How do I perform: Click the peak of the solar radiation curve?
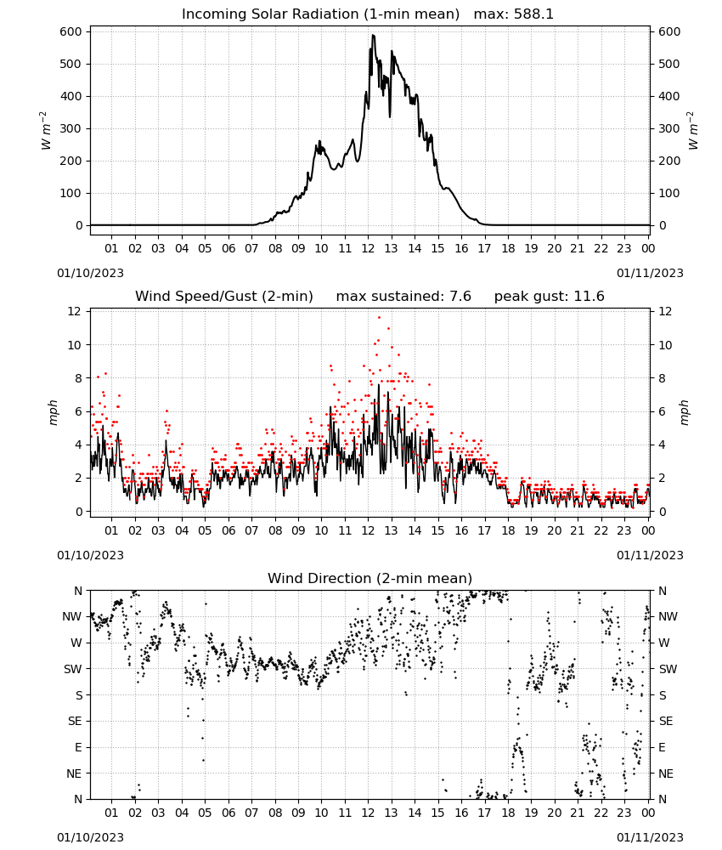tap(373, 35)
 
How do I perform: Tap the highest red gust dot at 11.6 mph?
tap(379, 318)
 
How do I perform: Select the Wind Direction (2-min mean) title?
tap(370, 578)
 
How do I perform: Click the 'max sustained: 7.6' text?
tap(403, 297)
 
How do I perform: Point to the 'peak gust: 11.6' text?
tap(550, 297)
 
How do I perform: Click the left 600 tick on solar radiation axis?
tap(71, 32)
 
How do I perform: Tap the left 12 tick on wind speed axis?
tap(74, 312)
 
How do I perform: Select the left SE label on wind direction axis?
tap(75, 721)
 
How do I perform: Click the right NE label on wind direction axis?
tap(666, 773)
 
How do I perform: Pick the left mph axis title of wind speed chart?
tap(53, 412)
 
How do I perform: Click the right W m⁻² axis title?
tap(693, 131)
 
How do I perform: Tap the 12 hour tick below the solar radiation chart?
tap(368, 248)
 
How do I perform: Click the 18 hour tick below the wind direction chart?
tap(508, 813)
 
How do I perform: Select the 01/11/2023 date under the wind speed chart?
tap(650, 555)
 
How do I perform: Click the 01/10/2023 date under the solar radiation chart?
tap(90, 273)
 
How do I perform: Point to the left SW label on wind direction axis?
tap(73, 669)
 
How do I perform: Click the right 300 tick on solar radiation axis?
tap(669, 129)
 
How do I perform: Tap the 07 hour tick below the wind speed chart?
tap(251, 530)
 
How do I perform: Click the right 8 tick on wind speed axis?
tap(662, 378)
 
